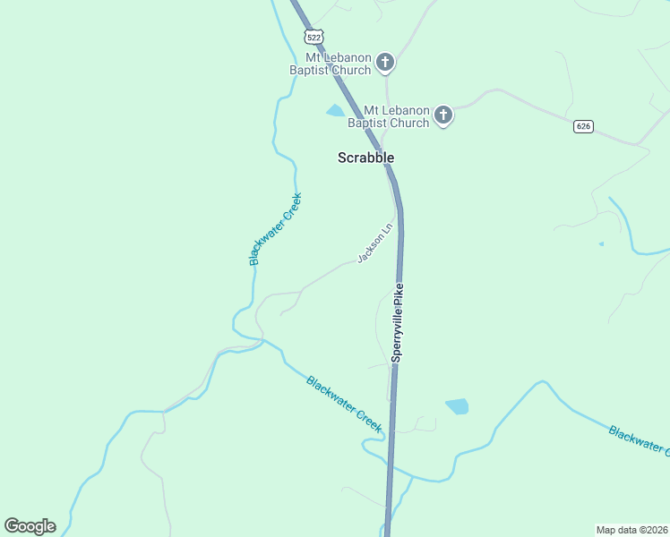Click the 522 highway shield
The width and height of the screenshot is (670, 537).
(313, 37)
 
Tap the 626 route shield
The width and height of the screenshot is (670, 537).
(584, 126)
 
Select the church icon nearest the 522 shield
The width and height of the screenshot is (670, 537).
(385, 62)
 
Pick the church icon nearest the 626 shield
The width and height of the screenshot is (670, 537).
(442, 115)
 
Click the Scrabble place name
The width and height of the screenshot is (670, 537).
(365, 158)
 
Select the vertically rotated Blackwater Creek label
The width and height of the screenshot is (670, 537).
(276, 229)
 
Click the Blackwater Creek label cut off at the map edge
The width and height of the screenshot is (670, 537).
(638, 439)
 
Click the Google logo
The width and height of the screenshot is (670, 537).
(30, 526)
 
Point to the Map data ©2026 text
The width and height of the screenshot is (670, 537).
(631, 529)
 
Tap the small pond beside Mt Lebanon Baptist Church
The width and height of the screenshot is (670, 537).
(336, 111)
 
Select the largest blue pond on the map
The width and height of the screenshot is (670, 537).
(457, 406)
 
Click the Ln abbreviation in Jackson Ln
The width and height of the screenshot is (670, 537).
(387, 226)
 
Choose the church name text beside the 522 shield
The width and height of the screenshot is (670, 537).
(330, 63)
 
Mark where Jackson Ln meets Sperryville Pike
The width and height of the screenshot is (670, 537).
(399, 212)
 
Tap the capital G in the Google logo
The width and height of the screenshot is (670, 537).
(13, 526)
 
